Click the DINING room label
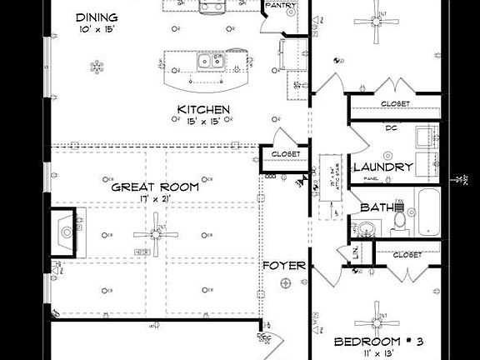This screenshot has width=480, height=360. click(x=97, y=17)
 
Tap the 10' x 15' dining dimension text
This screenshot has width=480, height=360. click(x=97, y=30)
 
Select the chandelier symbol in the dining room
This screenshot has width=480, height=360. click(x=97, y=66)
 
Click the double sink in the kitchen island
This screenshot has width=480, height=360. click(x=209, y=60)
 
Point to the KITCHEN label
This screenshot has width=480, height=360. click(x=203, y=109)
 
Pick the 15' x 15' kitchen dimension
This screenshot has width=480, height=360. click(x=203, y=122)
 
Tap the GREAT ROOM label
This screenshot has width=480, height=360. click(x=156, y=187)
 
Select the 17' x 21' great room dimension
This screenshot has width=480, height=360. click(x=156, y=200)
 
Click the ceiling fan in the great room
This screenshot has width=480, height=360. click(x=156, y=235)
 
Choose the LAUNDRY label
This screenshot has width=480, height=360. click(x=382, y=167)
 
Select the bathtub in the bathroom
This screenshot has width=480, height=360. click(x=427, y=212)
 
